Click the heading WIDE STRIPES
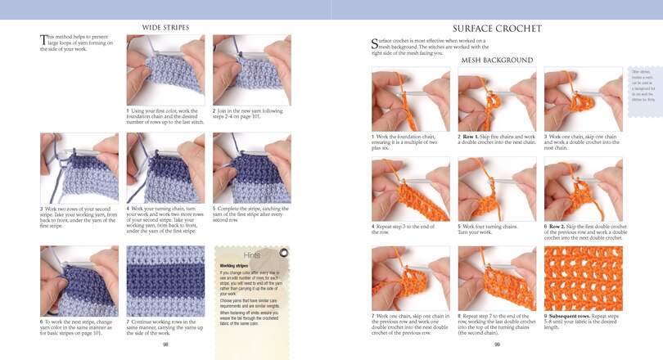tap(165, 27)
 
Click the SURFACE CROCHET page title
tap(497, 28)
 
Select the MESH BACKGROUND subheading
tap(497, 60)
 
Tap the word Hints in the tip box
tap(252, 255)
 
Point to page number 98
tap(165, 344)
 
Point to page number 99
tap(497, 344)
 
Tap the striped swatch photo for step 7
tap(165, 281)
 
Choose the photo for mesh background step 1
tap(410, 99)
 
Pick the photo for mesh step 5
tap(497, 187)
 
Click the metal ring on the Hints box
tap(282, 253)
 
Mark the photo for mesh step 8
tap(497, 277)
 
